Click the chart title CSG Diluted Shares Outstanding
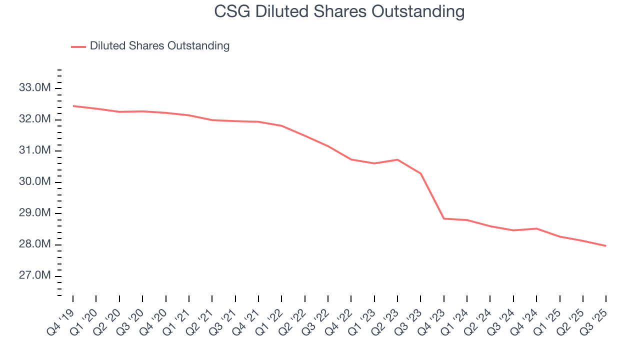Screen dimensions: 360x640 click(339, 11)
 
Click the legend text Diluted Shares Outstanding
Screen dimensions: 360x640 click(159, 46)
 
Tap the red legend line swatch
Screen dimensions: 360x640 click(78, 46)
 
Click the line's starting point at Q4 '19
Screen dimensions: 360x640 click(73, 106)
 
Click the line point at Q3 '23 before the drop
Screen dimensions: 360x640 click(420, 173)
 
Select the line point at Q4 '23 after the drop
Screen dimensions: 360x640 click(444, 218)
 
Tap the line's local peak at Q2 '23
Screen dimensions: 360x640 click(397, 159)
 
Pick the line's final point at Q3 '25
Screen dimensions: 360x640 click(606, 245)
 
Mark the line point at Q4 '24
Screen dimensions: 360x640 click(536, 228)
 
